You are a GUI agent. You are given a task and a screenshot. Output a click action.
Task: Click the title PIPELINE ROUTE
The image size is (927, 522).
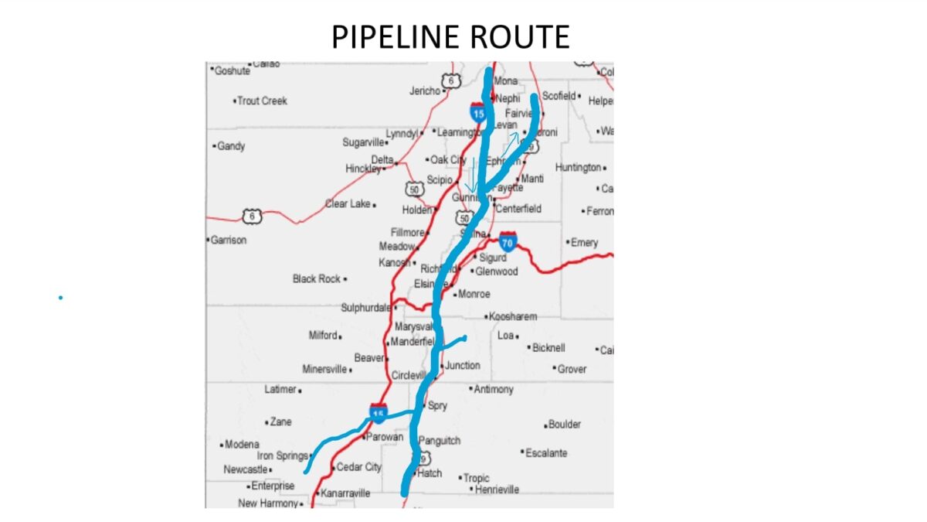tap(450, 36)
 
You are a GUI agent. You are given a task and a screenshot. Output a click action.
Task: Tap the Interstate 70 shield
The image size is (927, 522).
tap(508, 241)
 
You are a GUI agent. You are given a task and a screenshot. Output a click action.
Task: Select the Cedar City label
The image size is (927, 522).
tap(358, 467)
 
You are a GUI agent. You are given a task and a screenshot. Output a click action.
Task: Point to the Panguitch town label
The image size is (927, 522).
tap(440, 441)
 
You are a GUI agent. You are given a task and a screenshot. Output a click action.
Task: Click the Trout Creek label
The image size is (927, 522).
tap(262, 101)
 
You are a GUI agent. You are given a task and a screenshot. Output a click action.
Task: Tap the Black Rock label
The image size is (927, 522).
tap(317, 278)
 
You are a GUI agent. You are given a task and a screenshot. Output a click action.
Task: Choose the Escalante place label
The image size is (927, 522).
tap(546, 452)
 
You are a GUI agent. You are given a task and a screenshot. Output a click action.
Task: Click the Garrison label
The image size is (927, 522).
tap(229, 240)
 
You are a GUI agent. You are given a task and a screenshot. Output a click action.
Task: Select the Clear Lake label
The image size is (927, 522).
tap(348, 203)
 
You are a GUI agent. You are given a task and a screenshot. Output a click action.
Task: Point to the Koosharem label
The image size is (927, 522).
tap(513, 316)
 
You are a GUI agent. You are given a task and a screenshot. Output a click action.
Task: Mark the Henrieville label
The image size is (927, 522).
tap(497, 489)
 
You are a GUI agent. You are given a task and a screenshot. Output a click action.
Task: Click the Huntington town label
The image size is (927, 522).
tap(578, 167)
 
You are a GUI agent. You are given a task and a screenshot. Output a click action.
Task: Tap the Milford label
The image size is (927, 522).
tap(323, 335)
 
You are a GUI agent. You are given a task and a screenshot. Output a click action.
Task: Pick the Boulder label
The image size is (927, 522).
tap(564, 424)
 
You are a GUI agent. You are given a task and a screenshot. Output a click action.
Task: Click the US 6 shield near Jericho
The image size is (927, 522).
tap(450, 80)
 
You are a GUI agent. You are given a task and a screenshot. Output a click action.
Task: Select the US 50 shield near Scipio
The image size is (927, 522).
tap(415, 188)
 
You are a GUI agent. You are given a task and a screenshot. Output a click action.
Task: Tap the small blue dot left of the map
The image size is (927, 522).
tap(60, 296)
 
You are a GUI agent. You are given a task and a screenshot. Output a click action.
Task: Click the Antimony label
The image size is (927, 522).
tap(494, 389)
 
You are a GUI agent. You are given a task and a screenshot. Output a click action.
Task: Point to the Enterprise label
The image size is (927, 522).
tap(273, 486)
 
